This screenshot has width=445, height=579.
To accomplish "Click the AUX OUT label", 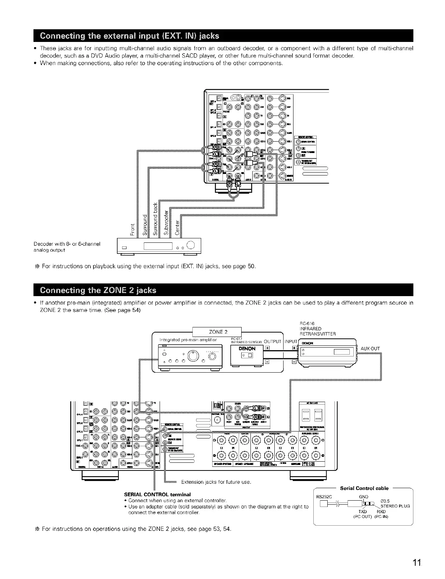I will (370, 348).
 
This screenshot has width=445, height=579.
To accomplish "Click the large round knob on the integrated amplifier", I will (193, 356).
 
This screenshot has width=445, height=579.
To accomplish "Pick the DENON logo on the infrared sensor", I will (247, 348).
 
